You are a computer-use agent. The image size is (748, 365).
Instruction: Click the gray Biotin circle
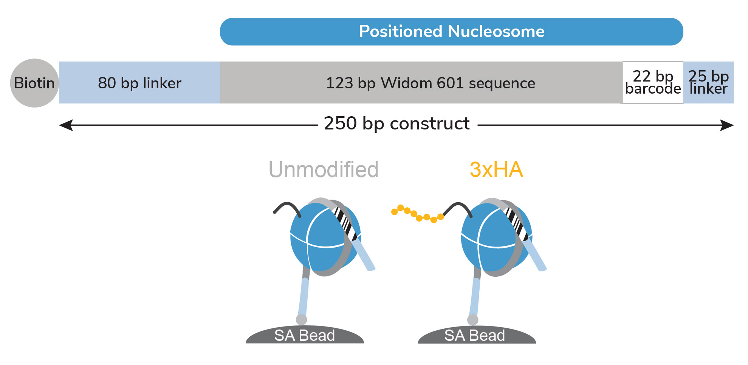pos(34,83)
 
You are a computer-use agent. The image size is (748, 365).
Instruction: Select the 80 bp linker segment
pos(139,83)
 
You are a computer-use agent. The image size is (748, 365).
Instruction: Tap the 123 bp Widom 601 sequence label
pos(431,83)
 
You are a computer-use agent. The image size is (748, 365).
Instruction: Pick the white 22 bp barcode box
pos(653,83)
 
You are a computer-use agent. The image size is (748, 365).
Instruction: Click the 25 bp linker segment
pos(709,83)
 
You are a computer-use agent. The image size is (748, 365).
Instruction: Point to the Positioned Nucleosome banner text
pos(452,31)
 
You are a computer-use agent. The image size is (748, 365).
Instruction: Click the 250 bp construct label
pos(397,124)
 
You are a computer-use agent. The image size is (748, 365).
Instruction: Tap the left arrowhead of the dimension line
pos(66,125)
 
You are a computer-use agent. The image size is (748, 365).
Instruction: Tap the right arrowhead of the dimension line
pos(727,125)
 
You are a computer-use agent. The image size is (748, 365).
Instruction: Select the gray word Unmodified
pos(324,169)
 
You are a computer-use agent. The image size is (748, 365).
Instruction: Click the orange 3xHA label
pos(496,170)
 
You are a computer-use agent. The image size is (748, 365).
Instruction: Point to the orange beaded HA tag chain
pos(418,214)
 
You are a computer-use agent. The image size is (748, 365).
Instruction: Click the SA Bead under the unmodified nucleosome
pos(305,335)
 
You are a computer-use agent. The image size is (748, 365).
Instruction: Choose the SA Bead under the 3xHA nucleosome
pos(477,335)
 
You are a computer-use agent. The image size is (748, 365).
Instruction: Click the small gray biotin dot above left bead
pos(301,320)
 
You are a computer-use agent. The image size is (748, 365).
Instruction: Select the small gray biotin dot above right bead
pos(473,320)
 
